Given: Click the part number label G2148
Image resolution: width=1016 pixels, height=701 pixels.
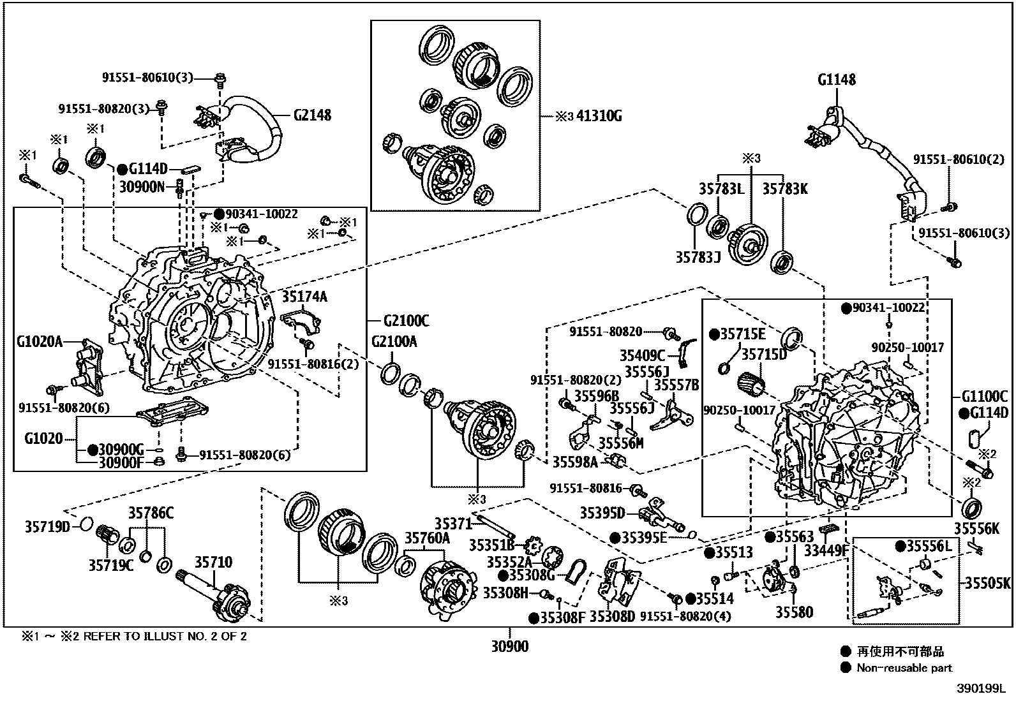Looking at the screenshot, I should pyautogui.click(x=312, y=115).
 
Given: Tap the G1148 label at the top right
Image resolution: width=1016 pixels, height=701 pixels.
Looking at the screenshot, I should pyautogui.click(x=837, y=80).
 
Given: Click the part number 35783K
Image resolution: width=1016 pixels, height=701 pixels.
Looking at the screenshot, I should pyautogui.click(x=785, y=189).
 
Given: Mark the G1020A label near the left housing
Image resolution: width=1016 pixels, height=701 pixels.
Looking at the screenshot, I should pyautogui.click(x=40, y=342).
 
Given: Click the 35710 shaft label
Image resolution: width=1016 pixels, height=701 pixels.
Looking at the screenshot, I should pyautogui.click(x=213, y=563).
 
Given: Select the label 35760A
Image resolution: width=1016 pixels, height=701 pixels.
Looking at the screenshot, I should pyautogui.click(x=427, y=538).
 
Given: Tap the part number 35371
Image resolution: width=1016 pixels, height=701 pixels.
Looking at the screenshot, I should pyautogui.click(x=453, y=524).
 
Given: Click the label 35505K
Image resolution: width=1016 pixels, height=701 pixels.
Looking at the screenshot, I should pyautogui.click(x=987, y=583).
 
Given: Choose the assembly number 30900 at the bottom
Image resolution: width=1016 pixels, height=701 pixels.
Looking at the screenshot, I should pyautogui.click(x=510, y=647).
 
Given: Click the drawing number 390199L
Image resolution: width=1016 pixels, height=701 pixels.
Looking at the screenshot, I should pyautogui.click(x=980, y=689).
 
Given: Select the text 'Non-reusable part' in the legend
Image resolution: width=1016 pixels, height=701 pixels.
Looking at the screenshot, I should pyautogui.click(x=904, y=668).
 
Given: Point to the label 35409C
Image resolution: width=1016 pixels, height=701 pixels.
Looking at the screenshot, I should pyautogui.click(x=642, y=355).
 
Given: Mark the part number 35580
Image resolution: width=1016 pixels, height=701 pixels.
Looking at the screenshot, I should pyautogui.click(x=795, y=612).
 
